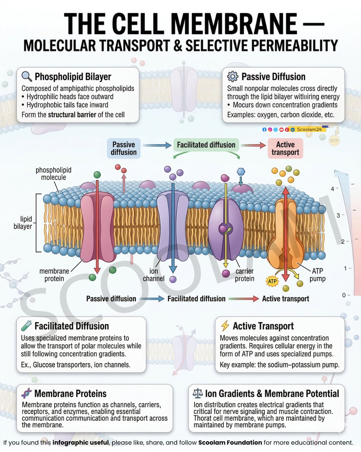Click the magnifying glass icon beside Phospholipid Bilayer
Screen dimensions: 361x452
point(27,76)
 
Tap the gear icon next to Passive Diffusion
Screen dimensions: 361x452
point(233,76)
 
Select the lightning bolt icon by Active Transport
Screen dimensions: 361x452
point(225,325)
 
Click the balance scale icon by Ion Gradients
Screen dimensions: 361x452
point(198,393)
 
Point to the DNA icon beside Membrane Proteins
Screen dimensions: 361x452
point(26,393)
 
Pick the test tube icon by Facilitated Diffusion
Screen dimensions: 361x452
point(26,326)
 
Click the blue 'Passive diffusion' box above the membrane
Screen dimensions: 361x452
point(124,148)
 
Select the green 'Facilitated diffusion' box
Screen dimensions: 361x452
point(206,145)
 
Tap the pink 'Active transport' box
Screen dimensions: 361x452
point(285,148)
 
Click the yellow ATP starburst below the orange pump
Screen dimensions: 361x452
point(272,281)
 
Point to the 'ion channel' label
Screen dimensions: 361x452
point(153,275)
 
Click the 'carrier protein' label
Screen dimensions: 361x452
point(244,275)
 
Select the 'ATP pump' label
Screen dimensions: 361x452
point(317,275)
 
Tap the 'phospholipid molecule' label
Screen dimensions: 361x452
point(53,174)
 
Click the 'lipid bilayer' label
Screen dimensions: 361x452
point(23,223)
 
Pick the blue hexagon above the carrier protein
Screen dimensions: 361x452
point(241,171)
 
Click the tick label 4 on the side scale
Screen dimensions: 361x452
point(333,189)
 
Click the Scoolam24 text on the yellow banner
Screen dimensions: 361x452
point(309,129)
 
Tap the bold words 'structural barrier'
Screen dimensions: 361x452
point(72,115)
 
